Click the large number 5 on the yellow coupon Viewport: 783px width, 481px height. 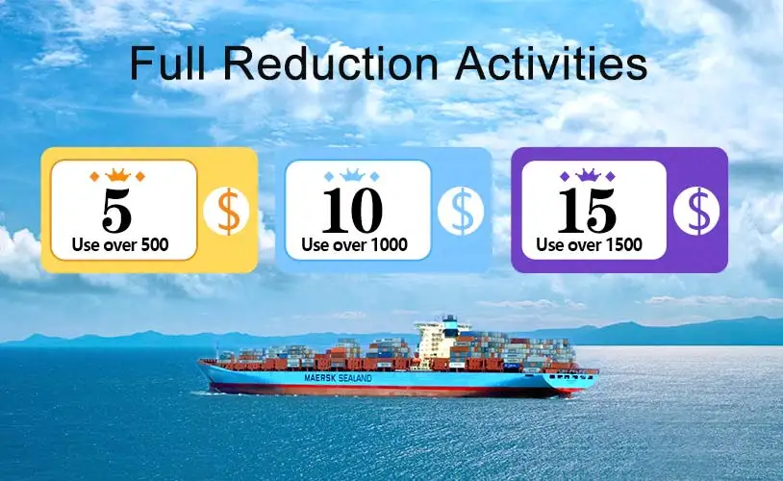[x=116, y=211]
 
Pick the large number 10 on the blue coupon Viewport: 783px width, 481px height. [x=352, y=211]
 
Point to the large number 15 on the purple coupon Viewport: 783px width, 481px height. [x=587, y=211]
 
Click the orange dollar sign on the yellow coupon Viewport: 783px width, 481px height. [x=227, y=213]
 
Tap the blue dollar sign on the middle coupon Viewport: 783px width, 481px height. [x=461, y=213]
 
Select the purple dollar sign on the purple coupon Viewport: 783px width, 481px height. [x=696, y=213]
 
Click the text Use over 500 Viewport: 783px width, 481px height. [x=120, y=245]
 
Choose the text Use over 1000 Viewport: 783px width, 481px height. [x=354, y=245]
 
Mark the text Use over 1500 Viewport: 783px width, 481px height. [x=589, y=245]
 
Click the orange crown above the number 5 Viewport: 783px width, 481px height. [x=116, y=176]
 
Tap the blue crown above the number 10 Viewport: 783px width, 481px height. [x=352, y=176]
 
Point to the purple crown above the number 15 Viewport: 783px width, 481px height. [x=587, y=176]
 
